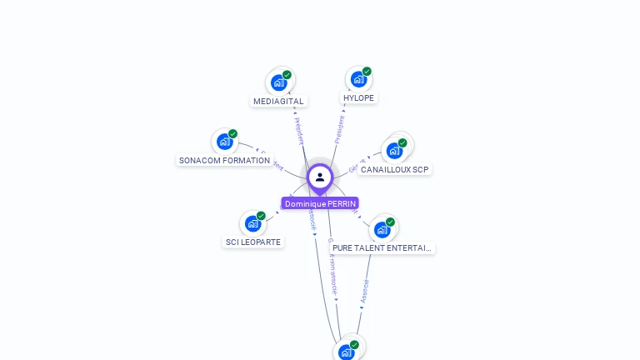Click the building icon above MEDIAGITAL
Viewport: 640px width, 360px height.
pyautogui.click(x=278, y=83)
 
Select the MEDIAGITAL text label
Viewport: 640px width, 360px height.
pyautogui.click(x=278, y=102)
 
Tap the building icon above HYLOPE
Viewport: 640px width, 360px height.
pyautogui.click(x=358, y=79)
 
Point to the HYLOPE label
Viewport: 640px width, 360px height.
pyautogui.click(x=358, y=97)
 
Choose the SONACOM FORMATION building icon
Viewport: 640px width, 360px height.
pyautogui.click(x=224, y=142)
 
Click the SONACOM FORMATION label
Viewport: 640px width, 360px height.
pyautogui.click(x=224, y=160)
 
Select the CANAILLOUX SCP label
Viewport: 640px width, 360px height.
pyautogui.click(x=394, y=169)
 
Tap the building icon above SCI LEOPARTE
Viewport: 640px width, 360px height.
pyautogui.click(x=252, y=223)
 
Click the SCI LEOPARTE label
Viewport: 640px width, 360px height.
pyautogui.click(x=253, y=242)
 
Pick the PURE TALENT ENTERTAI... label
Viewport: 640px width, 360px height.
pyautogui.click(x=382, y=247)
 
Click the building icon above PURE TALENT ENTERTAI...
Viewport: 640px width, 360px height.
pyautogui.click(x=382, y=230)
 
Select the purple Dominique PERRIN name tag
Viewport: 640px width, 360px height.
pyautogui.click(x=320, y=203)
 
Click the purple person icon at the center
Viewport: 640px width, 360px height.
pyautogui.click(x=320, y=177)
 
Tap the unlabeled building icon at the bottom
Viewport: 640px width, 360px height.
pyautogui.click(x=347, y=352)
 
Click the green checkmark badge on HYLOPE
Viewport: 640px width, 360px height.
pyautogui.click(x=367, y=72)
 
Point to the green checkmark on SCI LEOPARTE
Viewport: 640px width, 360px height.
pyautogui.click(x=261, y=216)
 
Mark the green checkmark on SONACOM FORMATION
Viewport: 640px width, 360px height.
pyautogui.click(x=232, y=134)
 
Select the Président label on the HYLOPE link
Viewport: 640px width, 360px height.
pyautogui.click(x=339, y=130)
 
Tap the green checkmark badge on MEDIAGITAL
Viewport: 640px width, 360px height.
pyautogui.click(x=287, y=75)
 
